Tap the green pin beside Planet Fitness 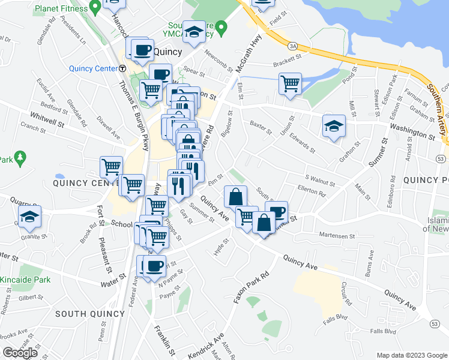point(94,8)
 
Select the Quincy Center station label point(92,68)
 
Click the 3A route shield point(293,46)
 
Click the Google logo point(20,353)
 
